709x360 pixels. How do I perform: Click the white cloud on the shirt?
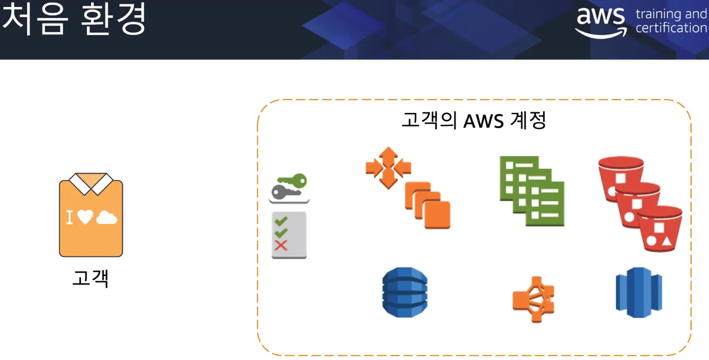pos(107,218)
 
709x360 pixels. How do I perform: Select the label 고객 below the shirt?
pos(90,278)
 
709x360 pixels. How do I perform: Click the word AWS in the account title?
pos(484,121)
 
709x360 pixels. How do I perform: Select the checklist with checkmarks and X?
pos(289,235)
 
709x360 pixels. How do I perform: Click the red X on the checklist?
pos(281,245)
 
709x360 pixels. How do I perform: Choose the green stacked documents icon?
pos(532,191)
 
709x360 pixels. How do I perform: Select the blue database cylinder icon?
pos(405,292)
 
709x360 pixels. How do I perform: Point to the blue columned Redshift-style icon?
pos(639,292)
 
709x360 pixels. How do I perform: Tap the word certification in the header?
pos(671,28)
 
